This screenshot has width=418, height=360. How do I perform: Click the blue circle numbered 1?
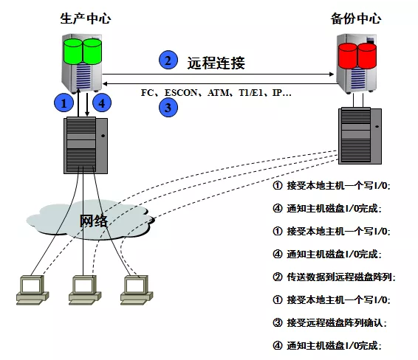point(64,103)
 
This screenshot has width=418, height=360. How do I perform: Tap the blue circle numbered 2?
point(168,60)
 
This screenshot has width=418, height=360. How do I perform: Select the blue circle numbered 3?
point(168,108)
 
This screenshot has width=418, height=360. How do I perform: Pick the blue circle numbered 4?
point(102,103)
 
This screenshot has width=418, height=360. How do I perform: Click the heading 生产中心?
point(86,18)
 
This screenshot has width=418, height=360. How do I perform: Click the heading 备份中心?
point(356,18)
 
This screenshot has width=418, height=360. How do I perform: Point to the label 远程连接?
point(216,63)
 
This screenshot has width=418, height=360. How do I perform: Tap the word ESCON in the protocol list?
point(181,92)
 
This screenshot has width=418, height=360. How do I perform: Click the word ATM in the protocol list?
point(218,92)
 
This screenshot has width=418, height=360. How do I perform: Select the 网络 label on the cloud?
point(94,221)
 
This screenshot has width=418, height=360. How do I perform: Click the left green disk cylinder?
point(73,52)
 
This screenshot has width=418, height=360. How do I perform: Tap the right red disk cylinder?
point(367,56)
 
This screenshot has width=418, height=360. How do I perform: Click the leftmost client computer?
point(32,290)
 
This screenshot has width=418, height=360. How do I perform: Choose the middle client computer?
point(85,290)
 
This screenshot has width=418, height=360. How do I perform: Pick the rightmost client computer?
point(137,290)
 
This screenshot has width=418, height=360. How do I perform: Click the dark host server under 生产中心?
point(86,145)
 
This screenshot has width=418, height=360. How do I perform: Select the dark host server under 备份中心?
point(360,136)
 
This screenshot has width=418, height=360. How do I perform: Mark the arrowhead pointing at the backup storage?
point(332,74)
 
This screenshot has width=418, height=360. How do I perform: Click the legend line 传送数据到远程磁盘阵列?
point(334,277)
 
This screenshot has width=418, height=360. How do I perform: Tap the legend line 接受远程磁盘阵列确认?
point(329,323)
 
